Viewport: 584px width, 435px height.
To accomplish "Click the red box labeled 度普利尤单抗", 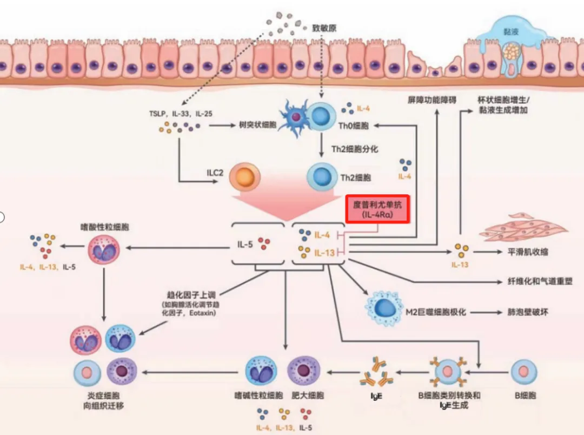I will tap(377, 209).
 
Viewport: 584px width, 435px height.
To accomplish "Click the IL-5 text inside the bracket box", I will tap(245, 244).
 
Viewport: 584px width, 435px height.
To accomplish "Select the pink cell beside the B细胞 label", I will tap(523, 372).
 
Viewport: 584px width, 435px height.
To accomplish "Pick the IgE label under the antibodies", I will tap(376, 396).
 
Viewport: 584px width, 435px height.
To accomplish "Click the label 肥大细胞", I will tap(308, 396).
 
